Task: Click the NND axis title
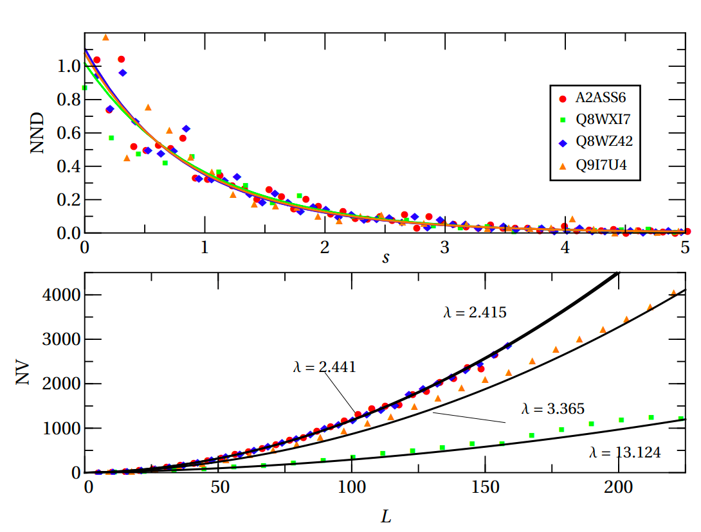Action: [37, 133]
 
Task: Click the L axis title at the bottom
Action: [387, 516]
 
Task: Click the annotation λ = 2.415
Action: [475, 313]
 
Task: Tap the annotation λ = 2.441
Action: [323, 367]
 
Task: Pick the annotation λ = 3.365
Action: [552, 408]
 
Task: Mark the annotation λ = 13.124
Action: [624, 452]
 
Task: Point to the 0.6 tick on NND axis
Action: [66, 133]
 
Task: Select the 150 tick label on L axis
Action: [486, 486]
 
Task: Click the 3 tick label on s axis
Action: [444, 248]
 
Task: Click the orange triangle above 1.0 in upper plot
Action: [105, 37]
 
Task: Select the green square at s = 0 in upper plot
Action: [85, 87]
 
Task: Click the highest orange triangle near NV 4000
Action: [673, 293]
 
